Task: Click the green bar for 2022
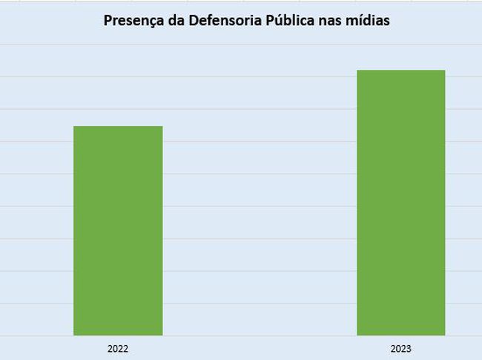click(118, 231)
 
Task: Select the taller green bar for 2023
click(401, 203)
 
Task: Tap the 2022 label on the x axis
click(118, 347)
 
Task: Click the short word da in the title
click(171, 21)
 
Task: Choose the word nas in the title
click(329, 21)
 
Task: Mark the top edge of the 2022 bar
click(118, 127)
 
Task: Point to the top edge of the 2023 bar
click(401, 71)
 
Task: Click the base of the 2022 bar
click(118, 334)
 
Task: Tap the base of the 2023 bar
click(401, 334)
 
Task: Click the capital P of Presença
click(108, 21)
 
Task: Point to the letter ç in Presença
click(149, 22)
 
